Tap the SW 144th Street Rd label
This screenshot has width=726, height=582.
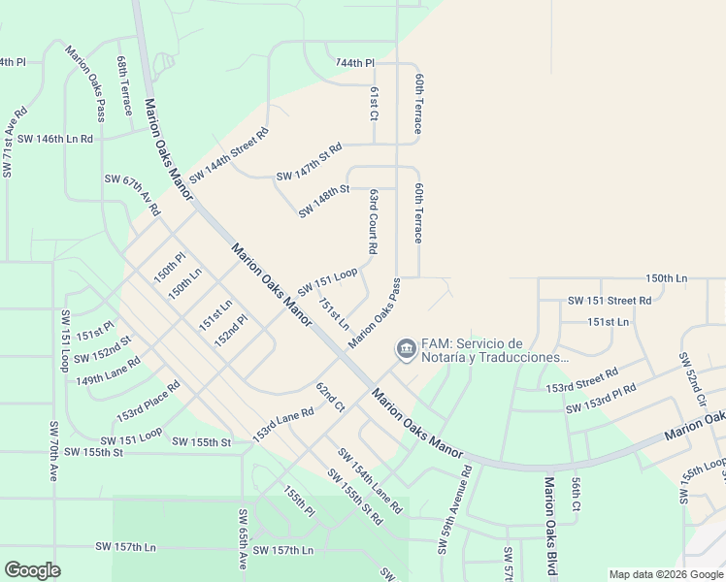229,155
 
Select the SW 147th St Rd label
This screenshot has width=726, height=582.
310,162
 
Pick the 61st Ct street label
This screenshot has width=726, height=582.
374,103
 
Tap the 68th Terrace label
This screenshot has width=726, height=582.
124,85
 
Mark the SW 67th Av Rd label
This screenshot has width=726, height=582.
132,195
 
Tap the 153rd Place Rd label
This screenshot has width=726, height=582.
148,401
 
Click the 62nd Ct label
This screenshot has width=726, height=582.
330,397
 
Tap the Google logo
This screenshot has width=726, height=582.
32,570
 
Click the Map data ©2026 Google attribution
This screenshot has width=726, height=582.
665,574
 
